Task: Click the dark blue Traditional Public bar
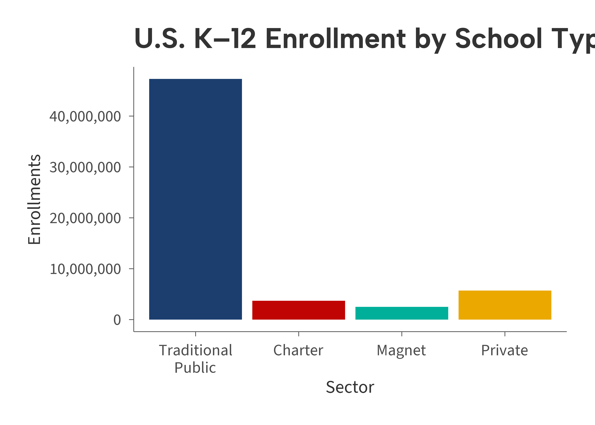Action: [x=195, y=199]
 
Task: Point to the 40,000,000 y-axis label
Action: [x=85, y=116]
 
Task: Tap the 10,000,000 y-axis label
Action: [x=85, y=269]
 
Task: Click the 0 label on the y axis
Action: [x=117, y=320]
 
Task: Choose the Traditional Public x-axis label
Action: [x=195, y=359]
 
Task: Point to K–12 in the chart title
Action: [x=225, y=39]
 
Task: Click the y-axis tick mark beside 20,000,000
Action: [x=131, y=218]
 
